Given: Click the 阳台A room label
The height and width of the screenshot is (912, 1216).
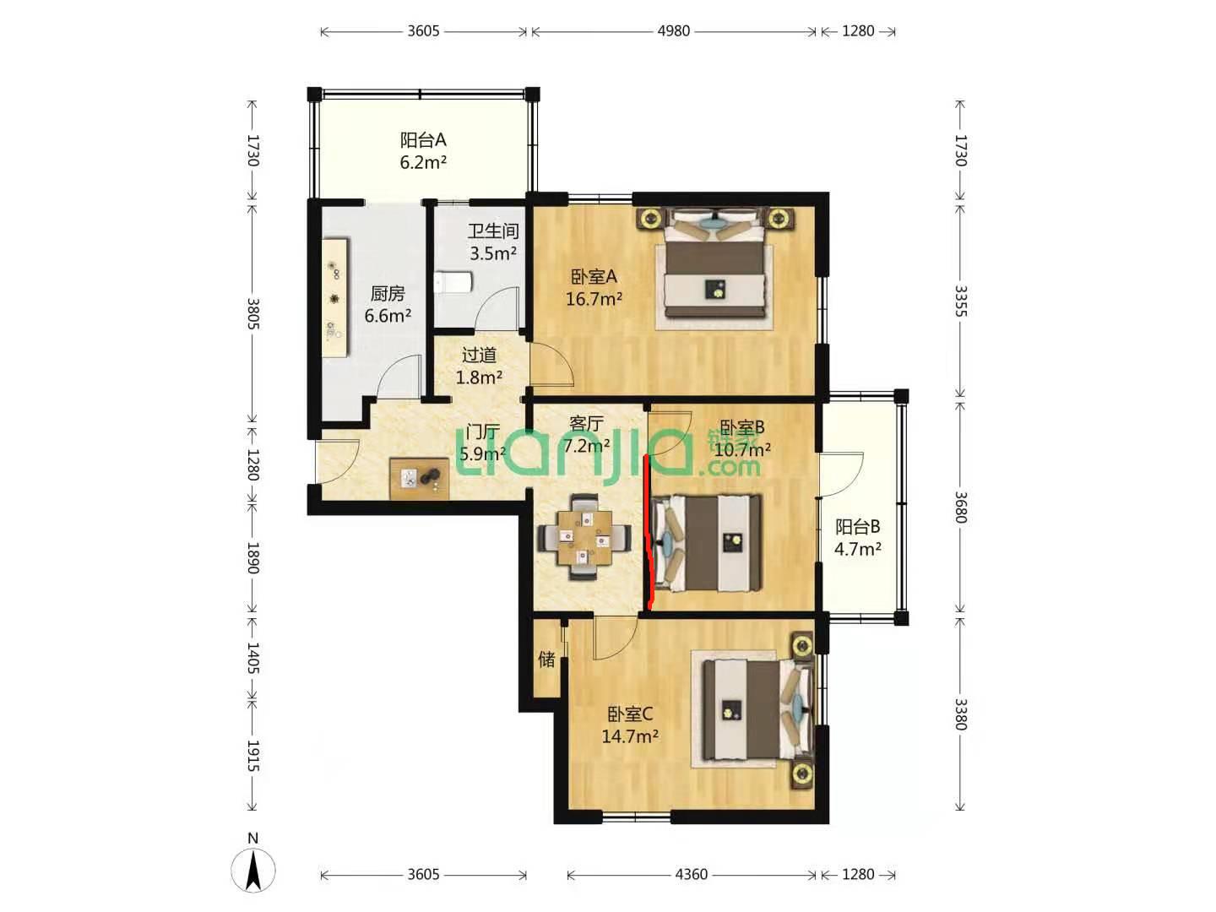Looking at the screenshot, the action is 423,139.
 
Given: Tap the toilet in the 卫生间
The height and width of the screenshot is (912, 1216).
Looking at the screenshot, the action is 453,282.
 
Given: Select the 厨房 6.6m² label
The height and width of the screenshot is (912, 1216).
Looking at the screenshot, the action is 388,305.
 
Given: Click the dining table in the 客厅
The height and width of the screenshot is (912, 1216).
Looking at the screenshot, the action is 584,537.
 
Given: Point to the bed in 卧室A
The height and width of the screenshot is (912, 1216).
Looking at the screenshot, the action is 714,263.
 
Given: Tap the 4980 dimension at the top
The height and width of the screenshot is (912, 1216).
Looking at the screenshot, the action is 674,31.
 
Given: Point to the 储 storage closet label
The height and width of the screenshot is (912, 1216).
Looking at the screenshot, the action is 546,659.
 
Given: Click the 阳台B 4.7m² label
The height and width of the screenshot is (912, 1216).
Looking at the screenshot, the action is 858,537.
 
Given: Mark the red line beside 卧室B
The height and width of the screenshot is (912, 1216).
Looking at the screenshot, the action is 649,533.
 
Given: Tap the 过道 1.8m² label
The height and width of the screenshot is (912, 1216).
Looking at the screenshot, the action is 479,366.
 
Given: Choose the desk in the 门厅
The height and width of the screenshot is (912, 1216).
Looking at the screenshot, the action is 420,479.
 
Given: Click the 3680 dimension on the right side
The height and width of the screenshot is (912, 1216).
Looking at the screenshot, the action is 961,508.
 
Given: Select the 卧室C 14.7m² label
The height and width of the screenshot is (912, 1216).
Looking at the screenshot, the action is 630,725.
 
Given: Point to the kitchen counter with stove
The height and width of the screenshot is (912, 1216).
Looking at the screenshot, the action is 336,298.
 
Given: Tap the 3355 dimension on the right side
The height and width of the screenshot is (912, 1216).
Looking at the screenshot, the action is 961,301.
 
